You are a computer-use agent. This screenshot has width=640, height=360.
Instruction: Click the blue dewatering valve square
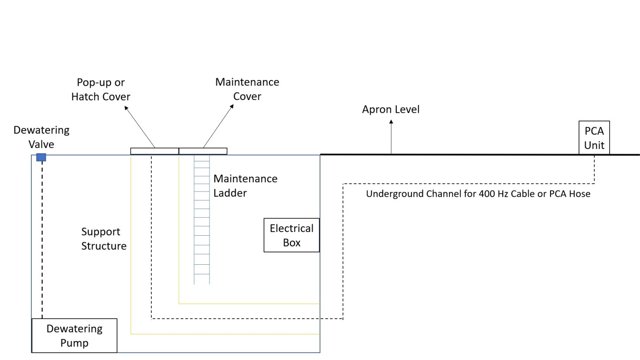click(x=41, y=158)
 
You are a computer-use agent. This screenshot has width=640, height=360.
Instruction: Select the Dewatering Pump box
click(x=74, y=336)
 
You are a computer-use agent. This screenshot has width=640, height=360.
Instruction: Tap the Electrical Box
click(x=291, y=235)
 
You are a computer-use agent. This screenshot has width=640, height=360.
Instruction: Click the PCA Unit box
click(x=594, y=137)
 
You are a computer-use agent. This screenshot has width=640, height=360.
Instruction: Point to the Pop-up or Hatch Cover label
click(x=100, y=90)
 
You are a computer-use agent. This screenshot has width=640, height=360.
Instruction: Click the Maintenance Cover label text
click(x=247, y=89)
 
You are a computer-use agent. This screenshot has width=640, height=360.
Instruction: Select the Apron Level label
click(x=390, y=110)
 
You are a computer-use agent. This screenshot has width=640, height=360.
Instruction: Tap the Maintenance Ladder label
click(x=245, y=186)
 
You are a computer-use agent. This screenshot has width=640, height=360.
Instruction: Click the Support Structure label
click(x=104, y=239)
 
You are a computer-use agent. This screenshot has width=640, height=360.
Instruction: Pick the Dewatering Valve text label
click(x=41, y=137)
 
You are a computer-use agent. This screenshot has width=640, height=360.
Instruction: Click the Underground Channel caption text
click(x=478, y=194)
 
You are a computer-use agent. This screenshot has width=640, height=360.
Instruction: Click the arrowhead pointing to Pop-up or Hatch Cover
click(x=127, y=108)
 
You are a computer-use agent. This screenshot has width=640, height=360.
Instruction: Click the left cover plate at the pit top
click(x=155, y=151)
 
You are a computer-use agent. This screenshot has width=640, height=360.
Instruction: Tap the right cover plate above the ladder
click(x=203, y=151)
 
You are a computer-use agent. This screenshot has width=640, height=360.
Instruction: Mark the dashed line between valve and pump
click(x=42, y=238)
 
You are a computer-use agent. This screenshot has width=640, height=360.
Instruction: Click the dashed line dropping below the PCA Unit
click(x=594, y=169)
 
